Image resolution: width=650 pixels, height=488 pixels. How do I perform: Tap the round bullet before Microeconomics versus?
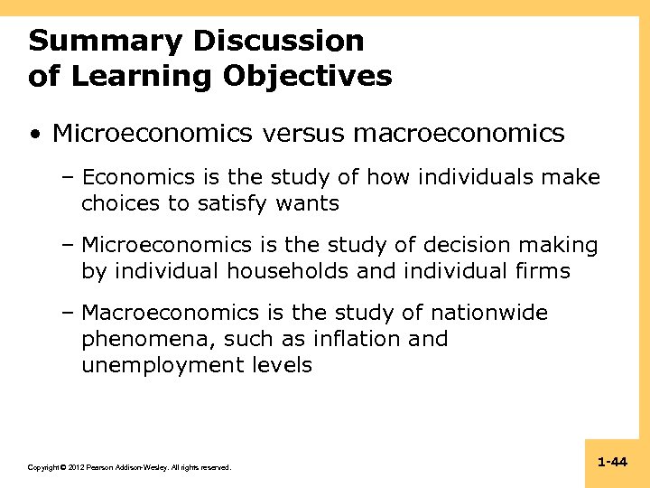(x=33, y=136)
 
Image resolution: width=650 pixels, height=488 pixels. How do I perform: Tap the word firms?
(x=542, y=271)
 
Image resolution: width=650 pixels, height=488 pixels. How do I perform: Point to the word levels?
(x=283, y=365)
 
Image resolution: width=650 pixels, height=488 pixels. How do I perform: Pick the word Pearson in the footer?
(x=100, y=467)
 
